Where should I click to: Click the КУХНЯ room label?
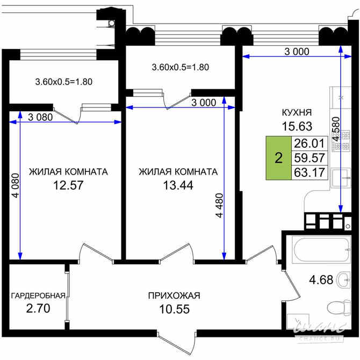[x=297, y=112]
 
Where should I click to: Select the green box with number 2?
[x=278, y=158]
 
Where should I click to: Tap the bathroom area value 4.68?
[x=321, y=279]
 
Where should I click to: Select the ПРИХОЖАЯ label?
[x=174, y=296]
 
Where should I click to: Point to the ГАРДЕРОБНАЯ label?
[x=38, y=296]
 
